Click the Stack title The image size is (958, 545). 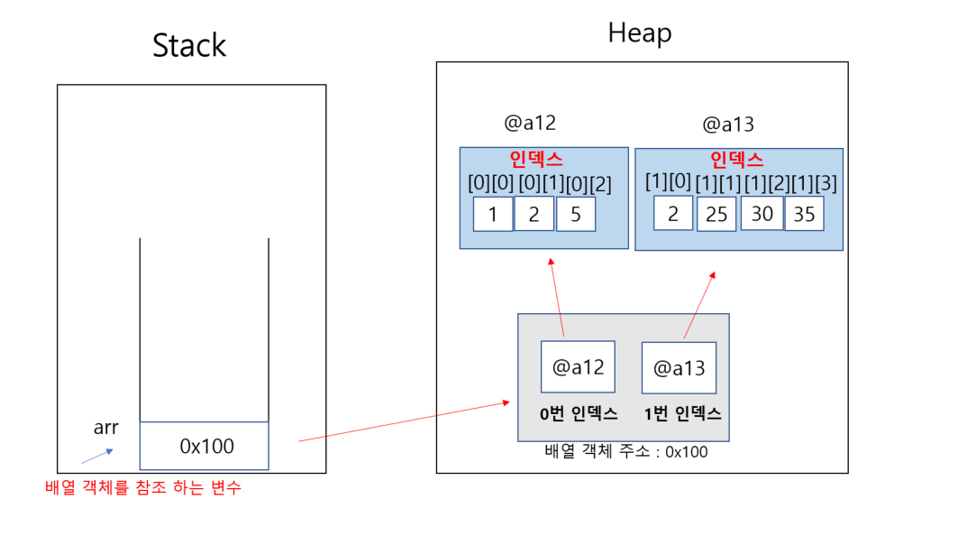point(189,45)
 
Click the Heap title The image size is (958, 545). point(639,33)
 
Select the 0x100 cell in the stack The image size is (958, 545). point(205,446)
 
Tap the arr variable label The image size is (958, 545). point(106,427)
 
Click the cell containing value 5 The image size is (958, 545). point(576,215)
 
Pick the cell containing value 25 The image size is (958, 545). point(716,216)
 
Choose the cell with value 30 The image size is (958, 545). point(762,215)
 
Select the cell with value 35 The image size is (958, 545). point(805,215)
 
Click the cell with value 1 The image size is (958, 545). point(492,215)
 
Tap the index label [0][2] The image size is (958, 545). point(590,184)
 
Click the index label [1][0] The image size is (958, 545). point(668,182)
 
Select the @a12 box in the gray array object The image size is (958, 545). point(578,367)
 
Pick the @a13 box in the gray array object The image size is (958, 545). point(679,368)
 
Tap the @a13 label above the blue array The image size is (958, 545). point(728,125)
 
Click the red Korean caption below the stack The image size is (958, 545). point(143,490)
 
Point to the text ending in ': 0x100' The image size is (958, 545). point(625,452)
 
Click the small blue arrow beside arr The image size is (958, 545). point(98,456)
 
